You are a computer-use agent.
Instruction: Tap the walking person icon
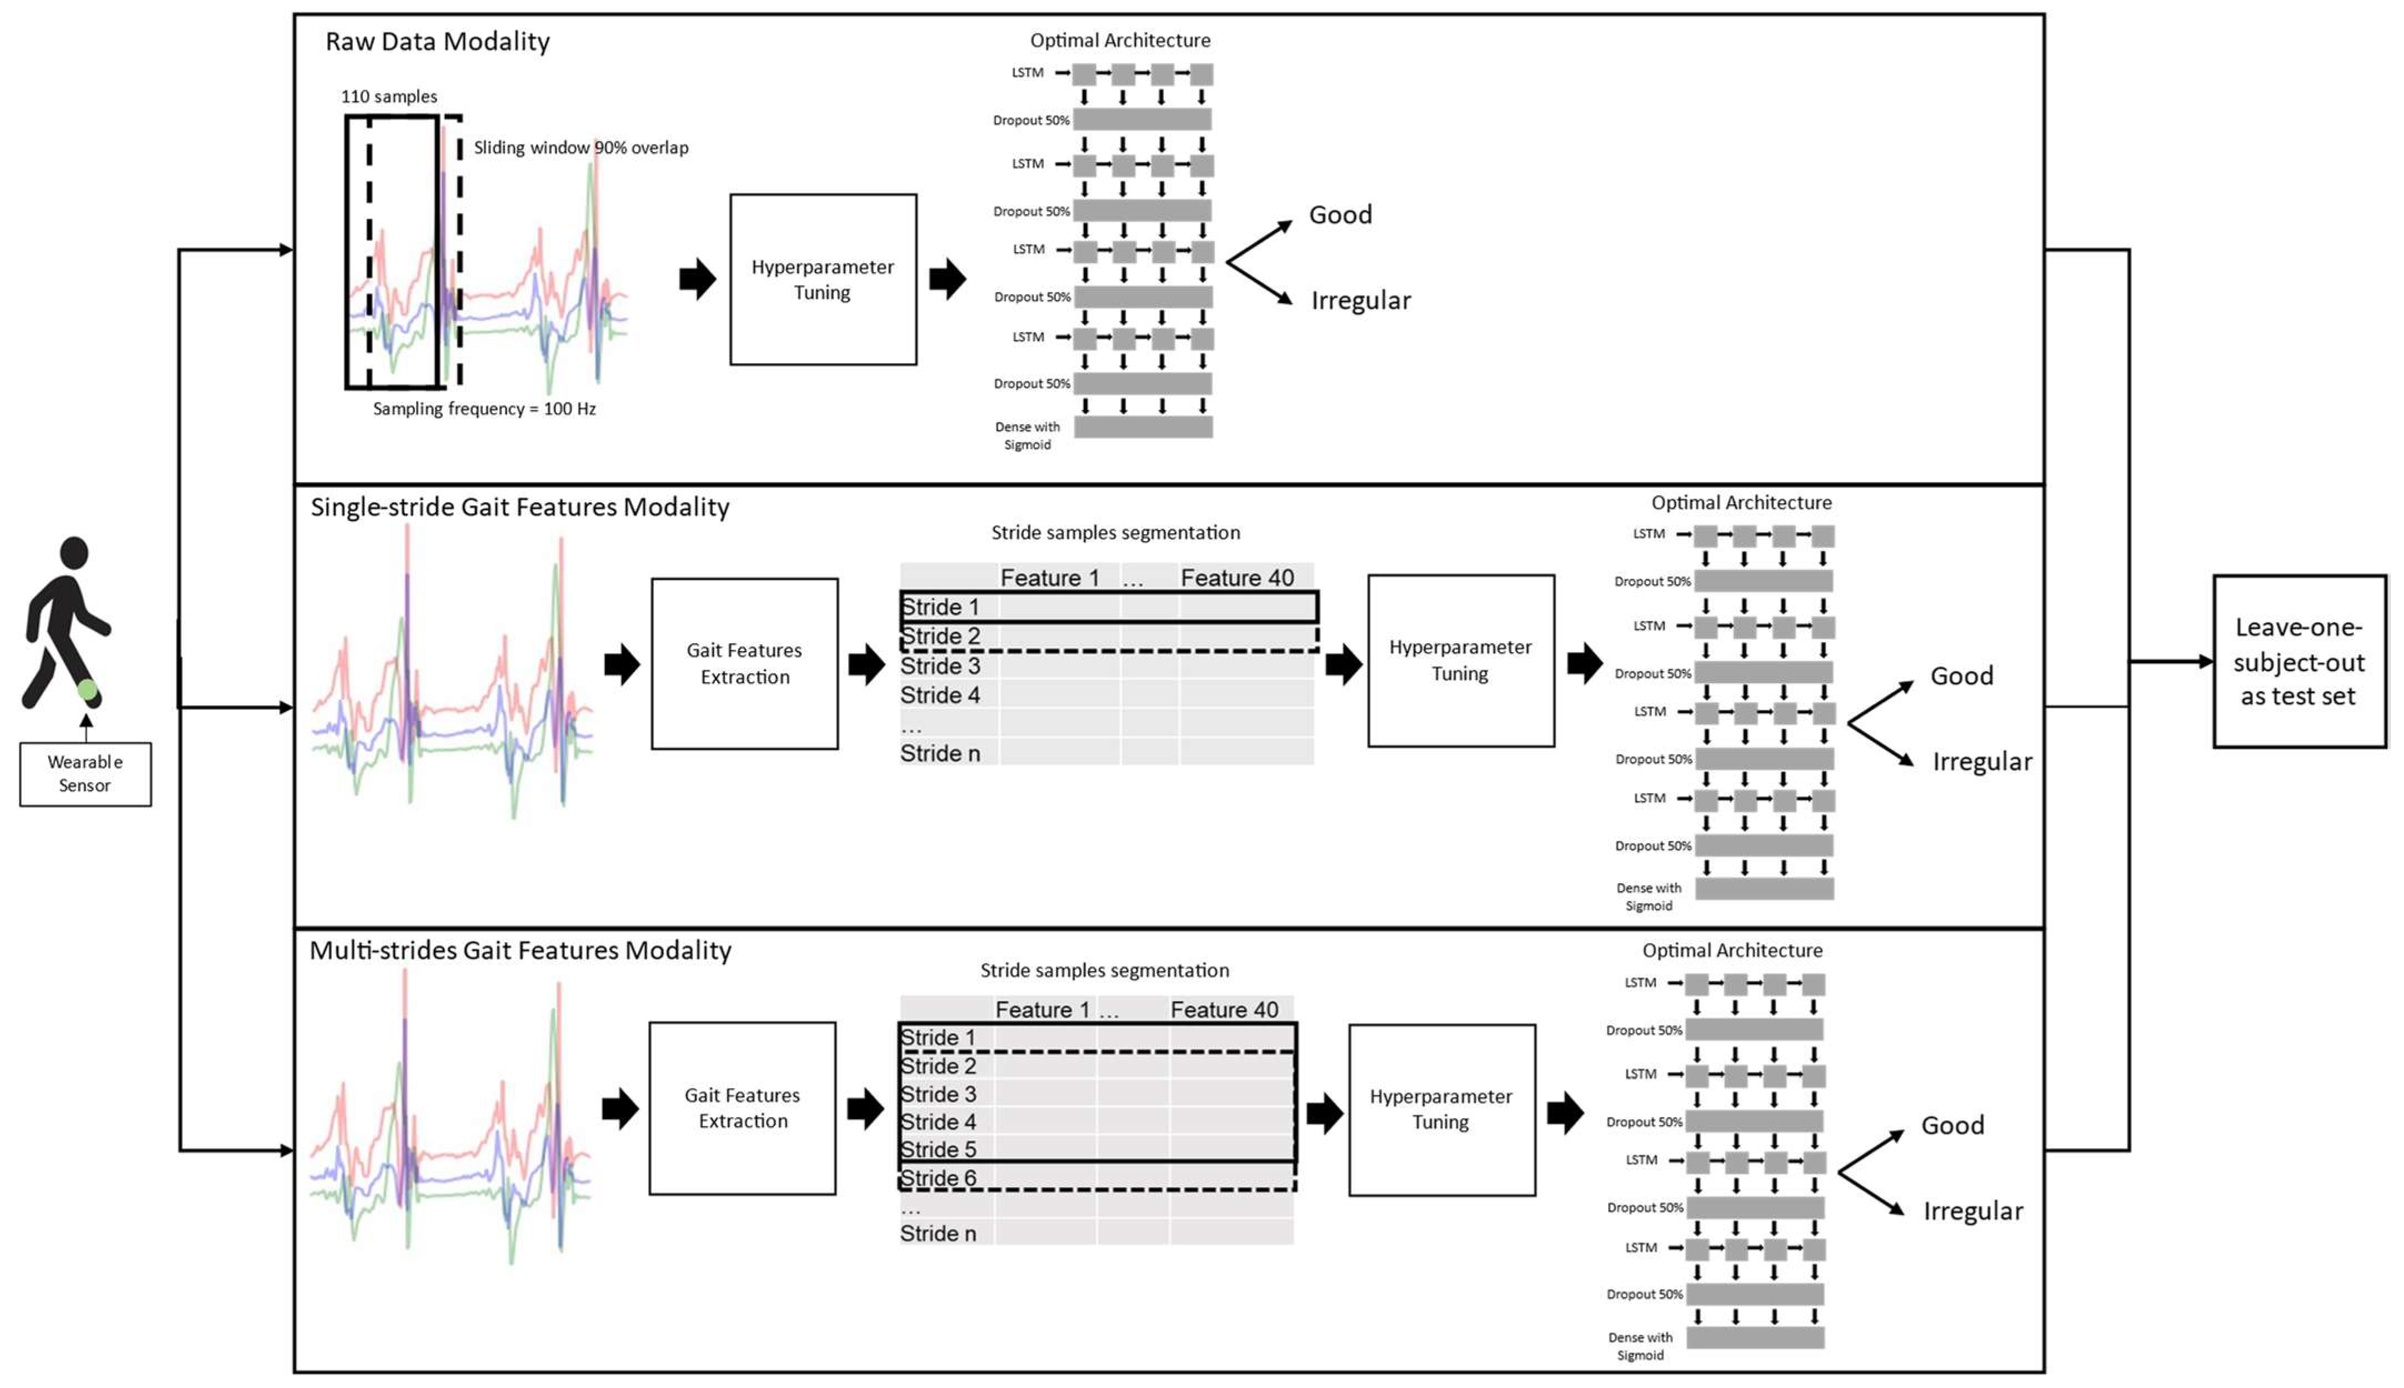(x=65, y=620)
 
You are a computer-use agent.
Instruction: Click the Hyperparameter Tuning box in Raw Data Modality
(x=823, y=279)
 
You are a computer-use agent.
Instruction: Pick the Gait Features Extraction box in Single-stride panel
(x=744, y=664)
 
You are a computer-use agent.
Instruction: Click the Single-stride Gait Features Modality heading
(x=519, y=507)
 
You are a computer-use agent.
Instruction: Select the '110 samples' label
(x=389, y=96)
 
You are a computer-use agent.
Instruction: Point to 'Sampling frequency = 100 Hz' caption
(x=484, y=409)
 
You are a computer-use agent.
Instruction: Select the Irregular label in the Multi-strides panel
(x=1972, y=1211)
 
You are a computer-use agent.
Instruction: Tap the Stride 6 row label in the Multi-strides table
(x=938, y=1177)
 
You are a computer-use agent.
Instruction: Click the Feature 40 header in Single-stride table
(x=1236, y=578)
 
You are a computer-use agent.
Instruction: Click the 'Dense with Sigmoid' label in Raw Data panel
(x=1026, y=435)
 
